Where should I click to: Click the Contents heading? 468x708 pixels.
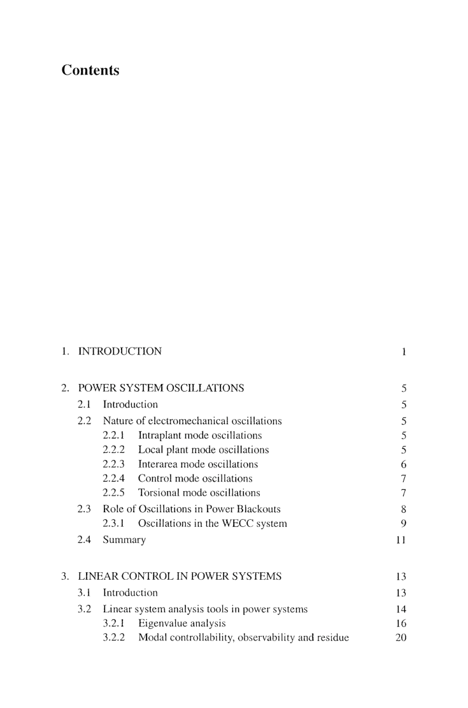coord(90,70)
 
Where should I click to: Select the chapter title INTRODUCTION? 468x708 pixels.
coord(120,351)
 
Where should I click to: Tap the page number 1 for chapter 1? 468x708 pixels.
coord(404,351)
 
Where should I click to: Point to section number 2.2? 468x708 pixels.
coord(85,421)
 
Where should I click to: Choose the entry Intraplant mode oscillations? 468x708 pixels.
coord(200,436)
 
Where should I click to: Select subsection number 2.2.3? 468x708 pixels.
coord(113,464)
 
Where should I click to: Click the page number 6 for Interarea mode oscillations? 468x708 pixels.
coord(404,464)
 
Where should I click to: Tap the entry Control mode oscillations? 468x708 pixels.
coord(195,478)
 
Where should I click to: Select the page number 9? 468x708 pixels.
coord(404,524)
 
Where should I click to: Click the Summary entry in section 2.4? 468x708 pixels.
coord(124,540)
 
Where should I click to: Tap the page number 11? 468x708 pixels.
coord(401,540)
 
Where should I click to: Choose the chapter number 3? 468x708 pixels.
coord(64,577)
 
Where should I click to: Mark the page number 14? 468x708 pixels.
coord(401,609)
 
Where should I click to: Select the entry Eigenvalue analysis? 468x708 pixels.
coord(181,623)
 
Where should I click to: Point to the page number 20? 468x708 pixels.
coord(401,638)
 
